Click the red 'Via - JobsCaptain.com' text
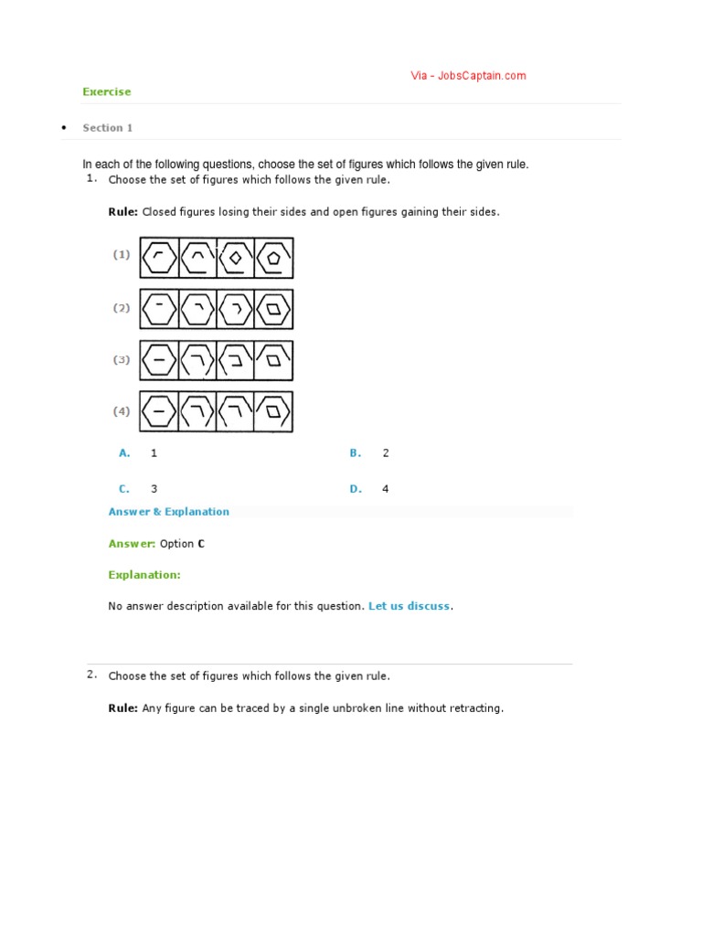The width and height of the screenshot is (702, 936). [468, 76]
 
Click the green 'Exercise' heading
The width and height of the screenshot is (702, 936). [106, 91]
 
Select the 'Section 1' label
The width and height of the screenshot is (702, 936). [107, 128]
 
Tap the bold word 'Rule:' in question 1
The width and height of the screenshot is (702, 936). [122, 212]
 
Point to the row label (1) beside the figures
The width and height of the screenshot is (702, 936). [122, 255]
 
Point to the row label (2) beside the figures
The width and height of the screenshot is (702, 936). [122, 308]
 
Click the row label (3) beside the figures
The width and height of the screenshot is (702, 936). [122, 360]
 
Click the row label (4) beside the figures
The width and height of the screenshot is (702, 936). [122, 411]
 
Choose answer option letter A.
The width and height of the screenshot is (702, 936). [125, 453]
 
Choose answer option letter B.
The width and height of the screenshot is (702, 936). [356, 453]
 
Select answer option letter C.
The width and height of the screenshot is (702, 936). [124, 489]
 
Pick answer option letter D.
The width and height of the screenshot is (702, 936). [356, 489]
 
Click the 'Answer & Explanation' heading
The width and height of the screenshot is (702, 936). [168, 512]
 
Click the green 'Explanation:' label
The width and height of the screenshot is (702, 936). [144, 575]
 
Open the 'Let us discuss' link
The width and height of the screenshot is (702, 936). [409, 606]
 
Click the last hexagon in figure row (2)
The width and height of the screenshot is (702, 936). [274, 310]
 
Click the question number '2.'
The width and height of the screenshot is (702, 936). [91, 675]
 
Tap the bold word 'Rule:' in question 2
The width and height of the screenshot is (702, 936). [122, 708]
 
